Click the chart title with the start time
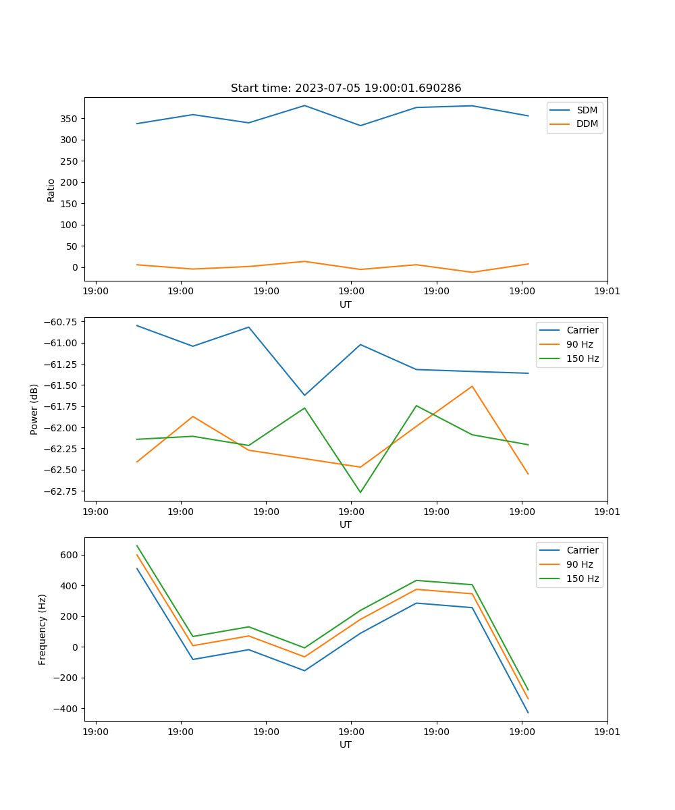tap(346, 88)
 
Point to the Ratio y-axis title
tap(51, 190)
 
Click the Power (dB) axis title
tap(34, 409)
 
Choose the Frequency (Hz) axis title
tap(43, 629)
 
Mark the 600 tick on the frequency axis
tap(70, 555)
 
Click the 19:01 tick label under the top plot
tap(607, 291)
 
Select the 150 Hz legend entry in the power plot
tap(583, 358)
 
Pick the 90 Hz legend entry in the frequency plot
tap(579, 564)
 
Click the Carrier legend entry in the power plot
tap(582, 330)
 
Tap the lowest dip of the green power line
tap(360, 492)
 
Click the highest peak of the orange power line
tap(472, 386)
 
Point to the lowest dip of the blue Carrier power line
tap(304, 396)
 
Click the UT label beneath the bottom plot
tap(346, 745)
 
